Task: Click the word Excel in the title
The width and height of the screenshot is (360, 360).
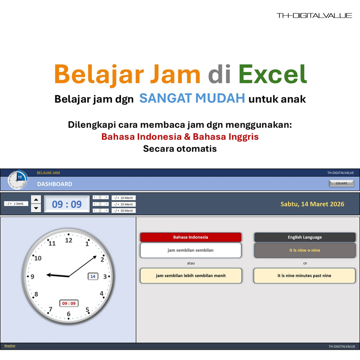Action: point(273,74)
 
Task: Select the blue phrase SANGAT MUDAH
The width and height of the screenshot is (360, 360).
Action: point(192,98)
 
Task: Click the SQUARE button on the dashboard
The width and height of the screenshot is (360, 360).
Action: point(341,184)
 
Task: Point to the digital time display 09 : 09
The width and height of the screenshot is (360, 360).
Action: point(67,204)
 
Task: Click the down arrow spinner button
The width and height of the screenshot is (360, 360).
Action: point(36,208)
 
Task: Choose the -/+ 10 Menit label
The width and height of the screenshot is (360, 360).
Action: point(123,198)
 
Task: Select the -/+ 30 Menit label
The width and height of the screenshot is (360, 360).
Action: point(123,211)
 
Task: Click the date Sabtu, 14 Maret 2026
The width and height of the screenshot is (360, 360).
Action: point(312,204)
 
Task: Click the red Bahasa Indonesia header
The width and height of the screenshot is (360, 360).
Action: point(191,237)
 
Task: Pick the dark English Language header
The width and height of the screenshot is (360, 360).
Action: point(305,237)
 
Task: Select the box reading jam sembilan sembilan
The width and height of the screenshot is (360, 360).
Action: point(191,250)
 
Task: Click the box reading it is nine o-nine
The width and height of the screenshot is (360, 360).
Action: point(305,250)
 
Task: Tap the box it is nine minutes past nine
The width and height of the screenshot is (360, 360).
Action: point(305,275)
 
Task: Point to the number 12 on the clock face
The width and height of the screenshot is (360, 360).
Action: point(68,240)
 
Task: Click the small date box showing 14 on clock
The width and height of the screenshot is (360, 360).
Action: point(93,276)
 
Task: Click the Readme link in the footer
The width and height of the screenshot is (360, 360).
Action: point(9,346)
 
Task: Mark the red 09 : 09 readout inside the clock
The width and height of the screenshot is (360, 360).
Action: point(69,303)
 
